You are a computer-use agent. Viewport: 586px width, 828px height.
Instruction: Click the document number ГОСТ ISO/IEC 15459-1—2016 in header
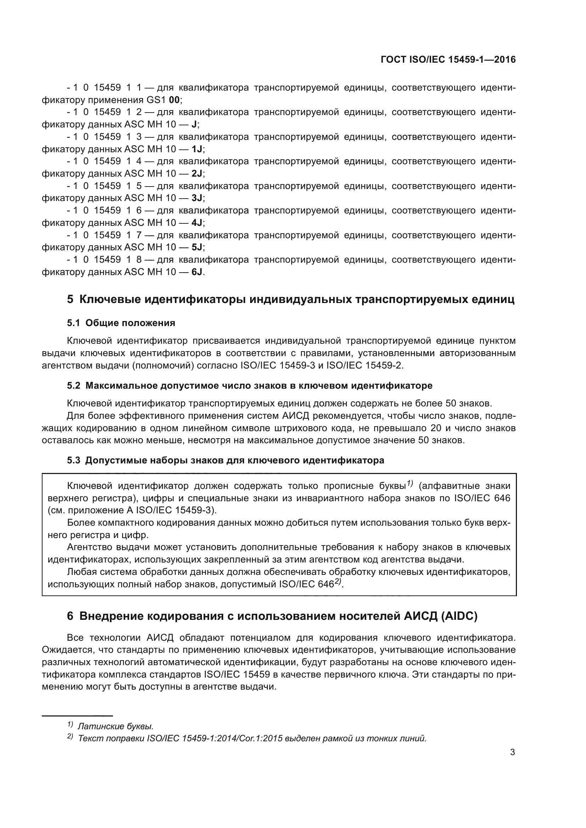click(448, 60)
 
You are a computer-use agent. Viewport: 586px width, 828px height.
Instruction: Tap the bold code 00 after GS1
click(174, 100)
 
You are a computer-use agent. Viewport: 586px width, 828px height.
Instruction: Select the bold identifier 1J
click(197, 149)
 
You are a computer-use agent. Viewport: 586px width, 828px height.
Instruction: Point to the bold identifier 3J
click(197, 198)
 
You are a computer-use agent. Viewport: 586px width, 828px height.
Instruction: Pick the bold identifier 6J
click(197, 272)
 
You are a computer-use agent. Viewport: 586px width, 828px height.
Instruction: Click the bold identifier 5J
click(197, 247)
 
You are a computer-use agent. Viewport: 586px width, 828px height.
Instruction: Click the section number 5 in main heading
click(70, 300)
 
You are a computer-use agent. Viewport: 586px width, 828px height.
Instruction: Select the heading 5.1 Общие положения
click(121, 323)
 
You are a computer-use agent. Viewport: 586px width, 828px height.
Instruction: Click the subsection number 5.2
click(74, 386)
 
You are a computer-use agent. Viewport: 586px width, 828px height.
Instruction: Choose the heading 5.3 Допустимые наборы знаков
click(225, 461)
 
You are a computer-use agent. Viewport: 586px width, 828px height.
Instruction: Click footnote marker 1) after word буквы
click(410, 484)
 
